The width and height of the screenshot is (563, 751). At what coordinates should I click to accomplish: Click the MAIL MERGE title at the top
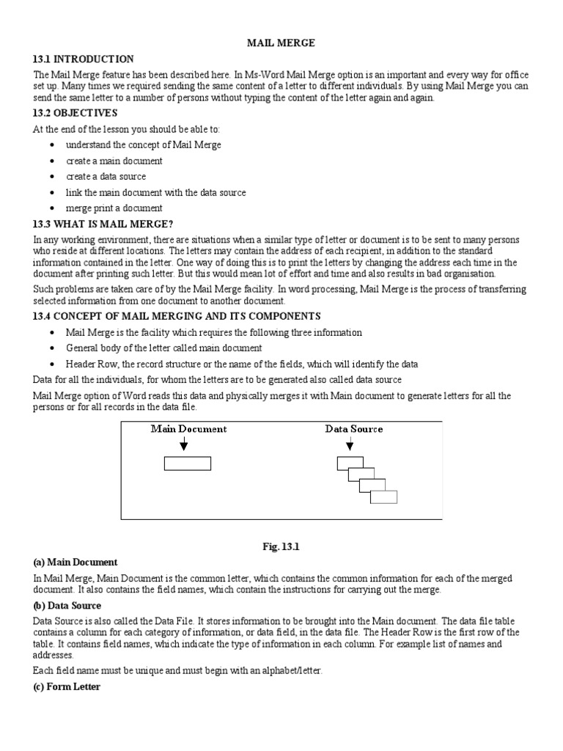pos(281,43)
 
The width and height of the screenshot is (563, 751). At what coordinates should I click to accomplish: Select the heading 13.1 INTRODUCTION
pos(83,59)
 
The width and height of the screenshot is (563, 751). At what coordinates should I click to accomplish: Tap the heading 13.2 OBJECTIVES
pos(75,113)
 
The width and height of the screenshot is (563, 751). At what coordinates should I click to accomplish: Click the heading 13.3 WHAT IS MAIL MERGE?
pos(103,224)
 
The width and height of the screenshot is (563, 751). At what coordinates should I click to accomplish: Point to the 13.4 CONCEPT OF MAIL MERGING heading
pos(177,316)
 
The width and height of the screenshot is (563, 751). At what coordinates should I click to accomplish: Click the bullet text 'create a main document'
pos(114,161)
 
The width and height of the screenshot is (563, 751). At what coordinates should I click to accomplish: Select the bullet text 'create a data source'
pos(106,177)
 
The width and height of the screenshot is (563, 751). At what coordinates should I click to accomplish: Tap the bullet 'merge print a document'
pos(114,208)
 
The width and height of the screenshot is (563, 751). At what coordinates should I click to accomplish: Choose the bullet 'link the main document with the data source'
pos(155,192)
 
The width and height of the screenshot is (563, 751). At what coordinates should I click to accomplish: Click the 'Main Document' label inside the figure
pos(188,429)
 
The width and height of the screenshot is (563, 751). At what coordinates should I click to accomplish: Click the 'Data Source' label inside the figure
pos(353,429)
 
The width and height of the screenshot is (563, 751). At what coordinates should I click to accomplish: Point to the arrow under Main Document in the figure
pos(183,444)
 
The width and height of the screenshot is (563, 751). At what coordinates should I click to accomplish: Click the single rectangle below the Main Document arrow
pos(188,464)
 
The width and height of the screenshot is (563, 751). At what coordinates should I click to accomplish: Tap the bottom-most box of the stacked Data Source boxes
pos(383,497)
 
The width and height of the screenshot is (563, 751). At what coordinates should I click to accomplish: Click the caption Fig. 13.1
pos(281,546)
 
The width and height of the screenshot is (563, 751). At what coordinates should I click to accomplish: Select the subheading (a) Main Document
pos(75,563)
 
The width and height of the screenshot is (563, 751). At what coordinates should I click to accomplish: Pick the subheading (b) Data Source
pos(67,606)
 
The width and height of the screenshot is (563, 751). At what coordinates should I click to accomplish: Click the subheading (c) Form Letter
pos(67,687)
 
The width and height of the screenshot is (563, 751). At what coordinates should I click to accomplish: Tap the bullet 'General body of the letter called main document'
pos(163,348)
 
